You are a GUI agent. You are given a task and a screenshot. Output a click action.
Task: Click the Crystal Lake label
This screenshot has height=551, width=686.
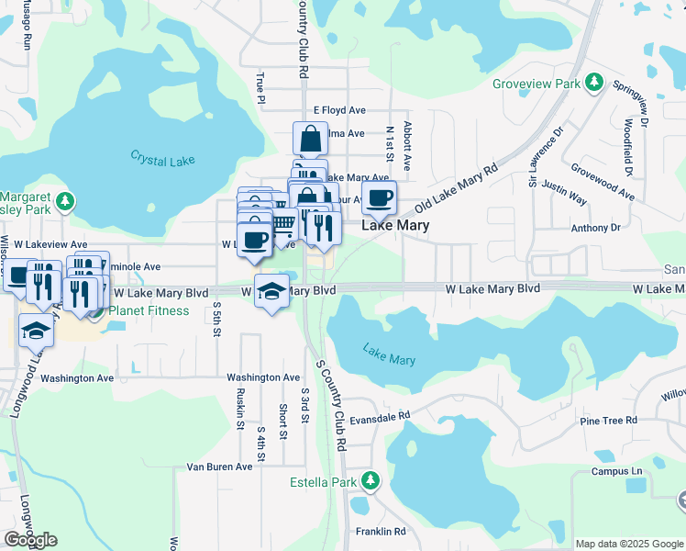[x=162, y=160]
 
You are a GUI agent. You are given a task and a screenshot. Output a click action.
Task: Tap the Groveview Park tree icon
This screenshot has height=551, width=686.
[x=594, y=84]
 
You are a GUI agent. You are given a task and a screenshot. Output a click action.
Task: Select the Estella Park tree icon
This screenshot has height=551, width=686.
[x=370, y=480]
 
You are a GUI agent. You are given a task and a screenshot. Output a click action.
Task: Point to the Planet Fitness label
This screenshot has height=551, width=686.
[x=149, y=310]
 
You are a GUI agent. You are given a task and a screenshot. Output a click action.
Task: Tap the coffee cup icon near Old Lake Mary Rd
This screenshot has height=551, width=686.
[x=378, y=197]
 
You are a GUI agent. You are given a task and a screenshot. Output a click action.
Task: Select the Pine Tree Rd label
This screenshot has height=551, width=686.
[x=608, y=421]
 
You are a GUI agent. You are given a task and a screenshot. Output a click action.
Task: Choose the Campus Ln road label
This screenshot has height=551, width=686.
[x=616, y=471]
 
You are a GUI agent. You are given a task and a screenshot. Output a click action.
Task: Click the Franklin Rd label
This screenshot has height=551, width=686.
[x=380, y=532]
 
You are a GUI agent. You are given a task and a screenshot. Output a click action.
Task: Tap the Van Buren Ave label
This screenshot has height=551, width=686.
[x=219, y=467]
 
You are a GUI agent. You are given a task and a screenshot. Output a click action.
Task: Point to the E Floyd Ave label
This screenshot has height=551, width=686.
[x=340, y=110]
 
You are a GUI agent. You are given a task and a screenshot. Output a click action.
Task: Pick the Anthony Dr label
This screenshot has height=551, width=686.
[x=595, y=228]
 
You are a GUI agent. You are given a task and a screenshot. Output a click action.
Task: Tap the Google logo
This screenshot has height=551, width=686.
[x=30, y=539]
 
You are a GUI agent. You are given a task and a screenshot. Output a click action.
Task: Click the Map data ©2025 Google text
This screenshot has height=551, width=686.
[x=628, y=544]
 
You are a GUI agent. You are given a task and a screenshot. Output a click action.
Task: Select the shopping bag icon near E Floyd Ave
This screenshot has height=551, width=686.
[x=311, y=139]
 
